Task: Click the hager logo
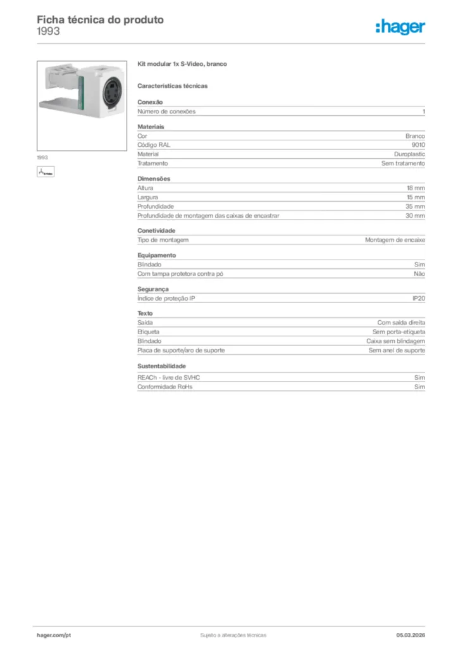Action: (400, 27)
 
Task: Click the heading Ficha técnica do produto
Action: (100, 20)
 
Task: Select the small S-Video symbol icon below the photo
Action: (46, 171)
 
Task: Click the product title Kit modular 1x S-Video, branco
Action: (182, 65)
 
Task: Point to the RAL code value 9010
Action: (418, 145)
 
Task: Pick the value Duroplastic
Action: (409, 154)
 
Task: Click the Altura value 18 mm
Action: (416, 188)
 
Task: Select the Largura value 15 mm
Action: (416, 197)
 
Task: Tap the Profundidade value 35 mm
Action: (416, 206)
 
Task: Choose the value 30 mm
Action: (416, 216)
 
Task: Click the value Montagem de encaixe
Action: (395, 240)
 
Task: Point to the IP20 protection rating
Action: (419, 298)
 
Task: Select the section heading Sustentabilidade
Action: (161, 366)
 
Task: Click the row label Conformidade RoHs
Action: (164, 387)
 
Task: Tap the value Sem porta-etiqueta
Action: (399, 332)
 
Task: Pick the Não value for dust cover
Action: (419, 274)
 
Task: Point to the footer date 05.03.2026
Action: (410, 635)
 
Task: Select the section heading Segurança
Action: (153, 289)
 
